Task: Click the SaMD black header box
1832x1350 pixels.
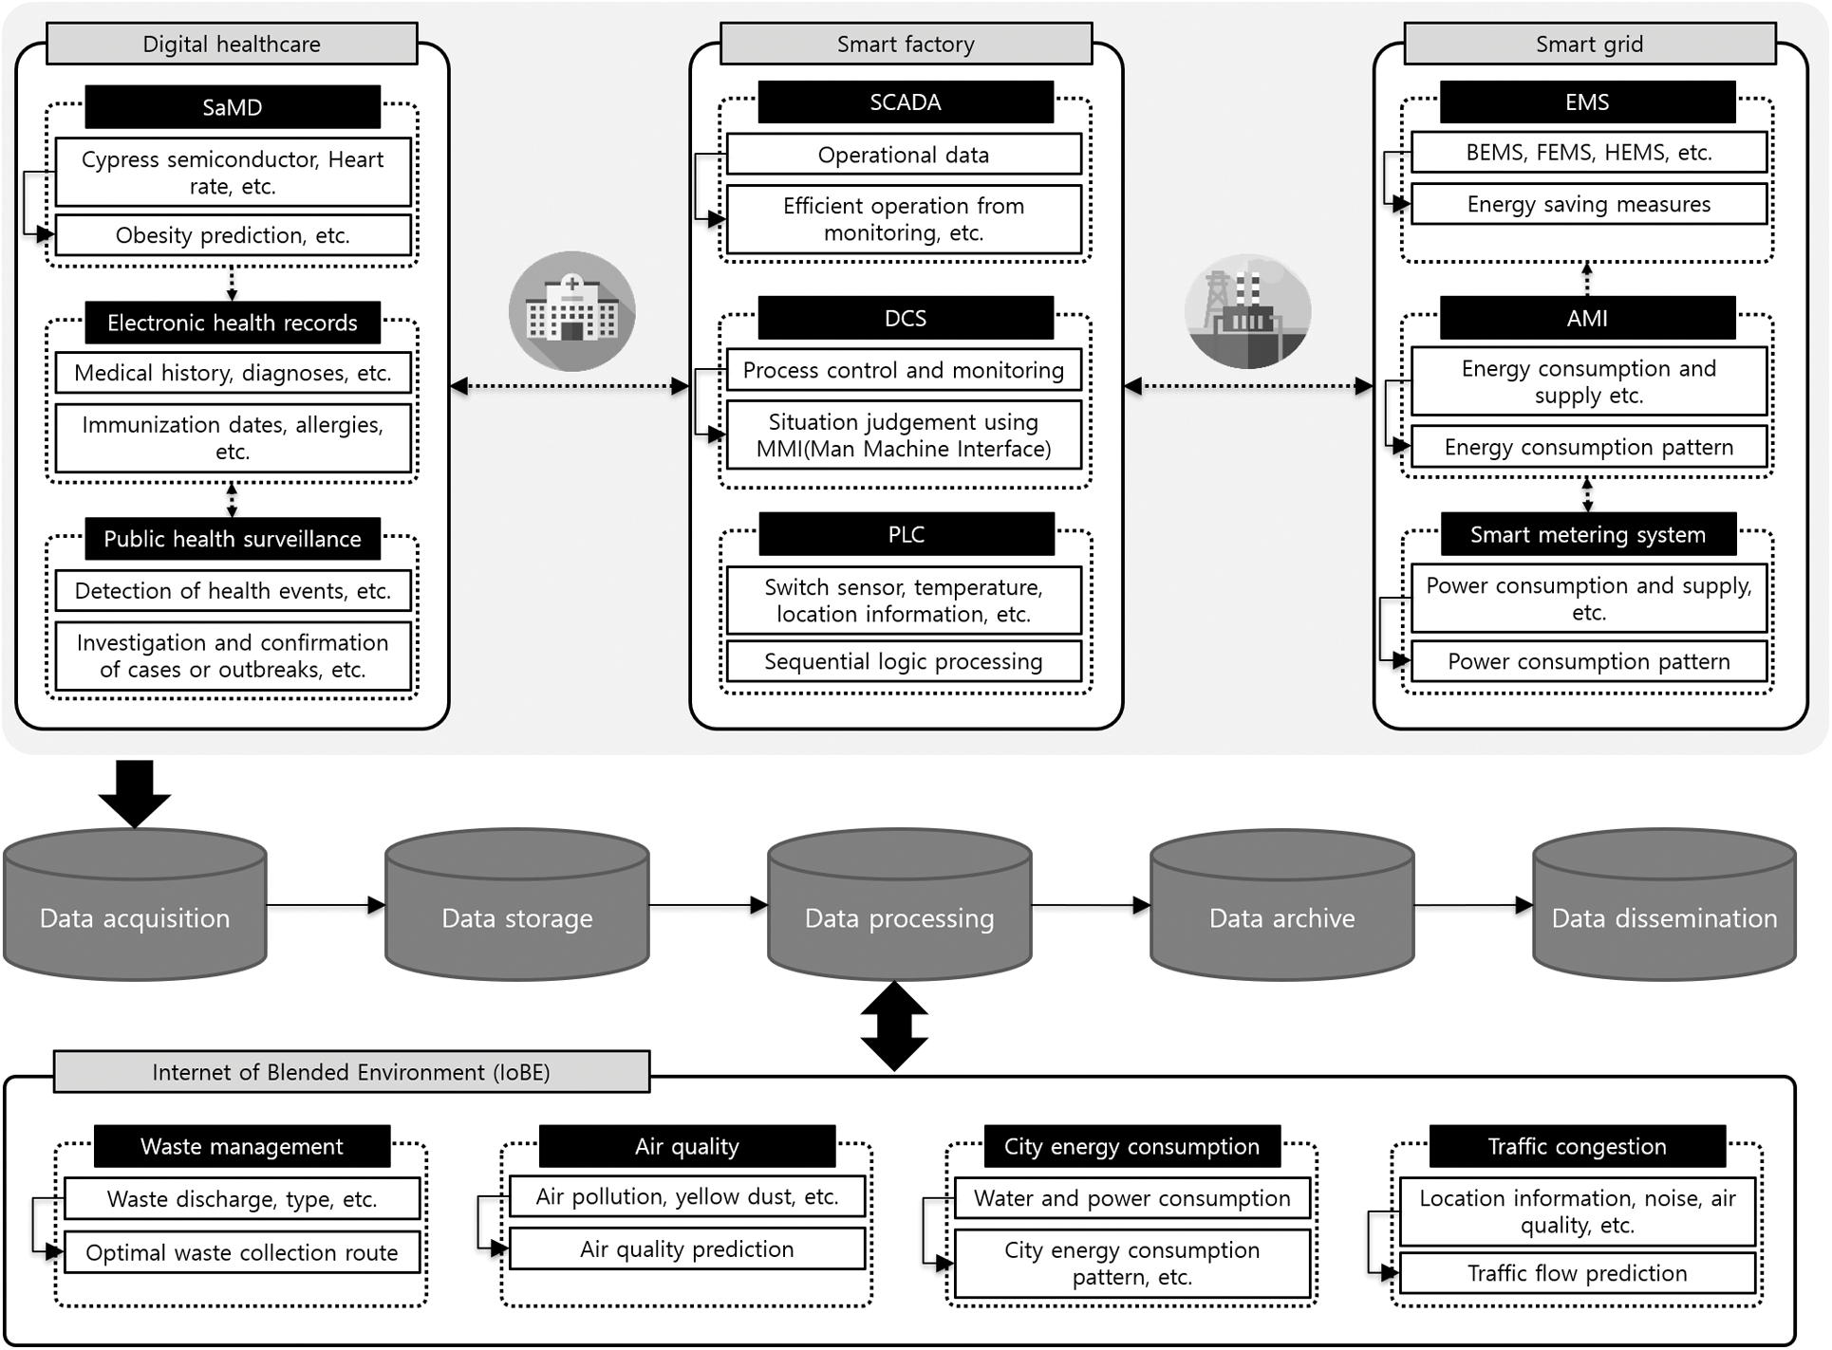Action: (233, 107)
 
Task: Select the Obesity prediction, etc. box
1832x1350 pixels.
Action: (233, 235)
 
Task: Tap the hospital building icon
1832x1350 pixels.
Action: (571, 311)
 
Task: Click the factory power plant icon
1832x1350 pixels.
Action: (1247, 311)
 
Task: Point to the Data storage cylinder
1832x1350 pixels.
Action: (517, 906)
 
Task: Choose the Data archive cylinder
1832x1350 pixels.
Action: (1281, 906)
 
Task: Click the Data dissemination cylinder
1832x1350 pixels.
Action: (1664, 906)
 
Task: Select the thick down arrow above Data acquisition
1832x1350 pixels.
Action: (135, 793)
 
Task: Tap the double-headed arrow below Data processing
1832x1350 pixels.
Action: (894, 1026)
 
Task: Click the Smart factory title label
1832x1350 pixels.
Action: (906, 44)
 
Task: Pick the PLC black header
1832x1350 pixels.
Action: (906, 534)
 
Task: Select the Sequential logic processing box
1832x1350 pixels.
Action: (904, 661)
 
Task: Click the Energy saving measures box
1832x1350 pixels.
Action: (1588, 204)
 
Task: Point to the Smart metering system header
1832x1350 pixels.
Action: (1588, 534)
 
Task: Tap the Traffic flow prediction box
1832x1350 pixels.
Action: (1577, 1273)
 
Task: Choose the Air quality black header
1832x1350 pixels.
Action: (686, 1146)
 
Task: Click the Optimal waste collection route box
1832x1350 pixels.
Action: (242, 1252)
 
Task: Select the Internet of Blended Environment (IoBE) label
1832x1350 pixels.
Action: (351, 1072)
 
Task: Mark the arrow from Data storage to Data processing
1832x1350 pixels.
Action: (708, 906)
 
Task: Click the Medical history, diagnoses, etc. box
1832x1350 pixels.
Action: (233, 373)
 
